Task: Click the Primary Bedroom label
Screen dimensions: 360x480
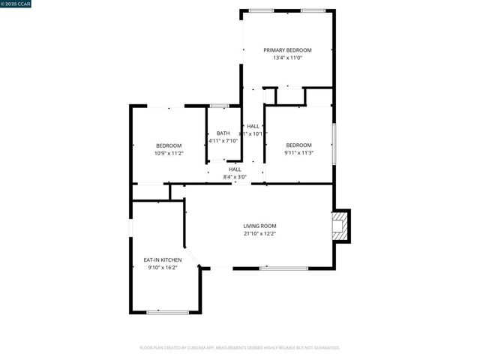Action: coord(287,50)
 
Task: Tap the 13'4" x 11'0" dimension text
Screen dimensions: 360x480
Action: coord(287,58)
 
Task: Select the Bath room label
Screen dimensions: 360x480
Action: coord(223,133)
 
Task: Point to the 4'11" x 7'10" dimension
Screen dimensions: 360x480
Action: coord(223,140)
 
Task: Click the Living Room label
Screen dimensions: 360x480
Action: coord(259,226)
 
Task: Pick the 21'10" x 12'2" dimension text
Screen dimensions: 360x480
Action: coord(259,233)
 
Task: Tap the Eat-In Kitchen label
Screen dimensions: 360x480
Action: coord(163,259)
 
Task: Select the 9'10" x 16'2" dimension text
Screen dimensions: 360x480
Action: coord(163,267)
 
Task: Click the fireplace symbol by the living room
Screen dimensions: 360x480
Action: coord(341,226)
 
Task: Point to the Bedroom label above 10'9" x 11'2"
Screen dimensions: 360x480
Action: coord(169,145)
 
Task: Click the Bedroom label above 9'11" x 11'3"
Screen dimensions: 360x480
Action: coord(298,145)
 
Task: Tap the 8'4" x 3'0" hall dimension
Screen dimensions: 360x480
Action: coord(235,177)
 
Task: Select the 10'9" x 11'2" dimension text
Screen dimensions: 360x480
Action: coord(169,153)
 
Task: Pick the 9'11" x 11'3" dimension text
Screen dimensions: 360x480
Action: coord(298,152)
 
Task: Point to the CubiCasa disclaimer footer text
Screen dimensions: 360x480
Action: coord(240,348)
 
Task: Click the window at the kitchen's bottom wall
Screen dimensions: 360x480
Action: coord(163,312)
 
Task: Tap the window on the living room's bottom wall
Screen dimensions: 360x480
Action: coord(283,268)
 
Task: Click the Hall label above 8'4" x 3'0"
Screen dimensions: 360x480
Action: coord(235,169)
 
